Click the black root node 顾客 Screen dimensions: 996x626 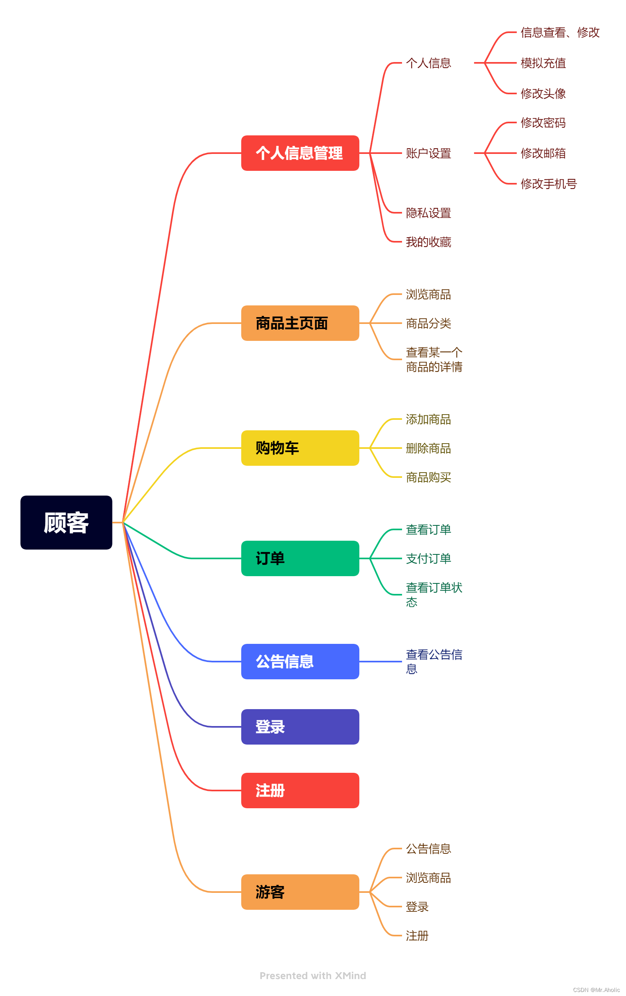[66, 523]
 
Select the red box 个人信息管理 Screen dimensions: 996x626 [300, 153]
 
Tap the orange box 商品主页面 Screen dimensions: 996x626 [300, 323]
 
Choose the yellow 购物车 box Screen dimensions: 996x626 [300, 448]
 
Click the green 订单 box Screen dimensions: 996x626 [300, 558]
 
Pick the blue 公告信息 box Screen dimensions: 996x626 [300, 661]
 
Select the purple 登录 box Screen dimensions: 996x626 [300, 727]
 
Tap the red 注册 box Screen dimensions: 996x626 [300, 791]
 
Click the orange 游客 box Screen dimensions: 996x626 [300, 892]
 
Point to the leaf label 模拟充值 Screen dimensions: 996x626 [543, 63]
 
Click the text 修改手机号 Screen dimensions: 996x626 [548, 184]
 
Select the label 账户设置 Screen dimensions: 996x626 [428, 154]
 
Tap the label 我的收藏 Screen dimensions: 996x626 [428, 242]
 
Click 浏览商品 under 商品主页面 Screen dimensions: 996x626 [428, 295]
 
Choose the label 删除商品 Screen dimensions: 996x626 [428, 448]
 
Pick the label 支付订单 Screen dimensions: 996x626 [428, 559]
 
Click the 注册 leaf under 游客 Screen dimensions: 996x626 [417, 936]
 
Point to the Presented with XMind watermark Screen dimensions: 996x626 [313, 976]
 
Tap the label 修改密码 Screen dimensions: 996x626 [543, 123]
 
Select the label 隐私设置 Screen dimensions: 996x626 [428, 213]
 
